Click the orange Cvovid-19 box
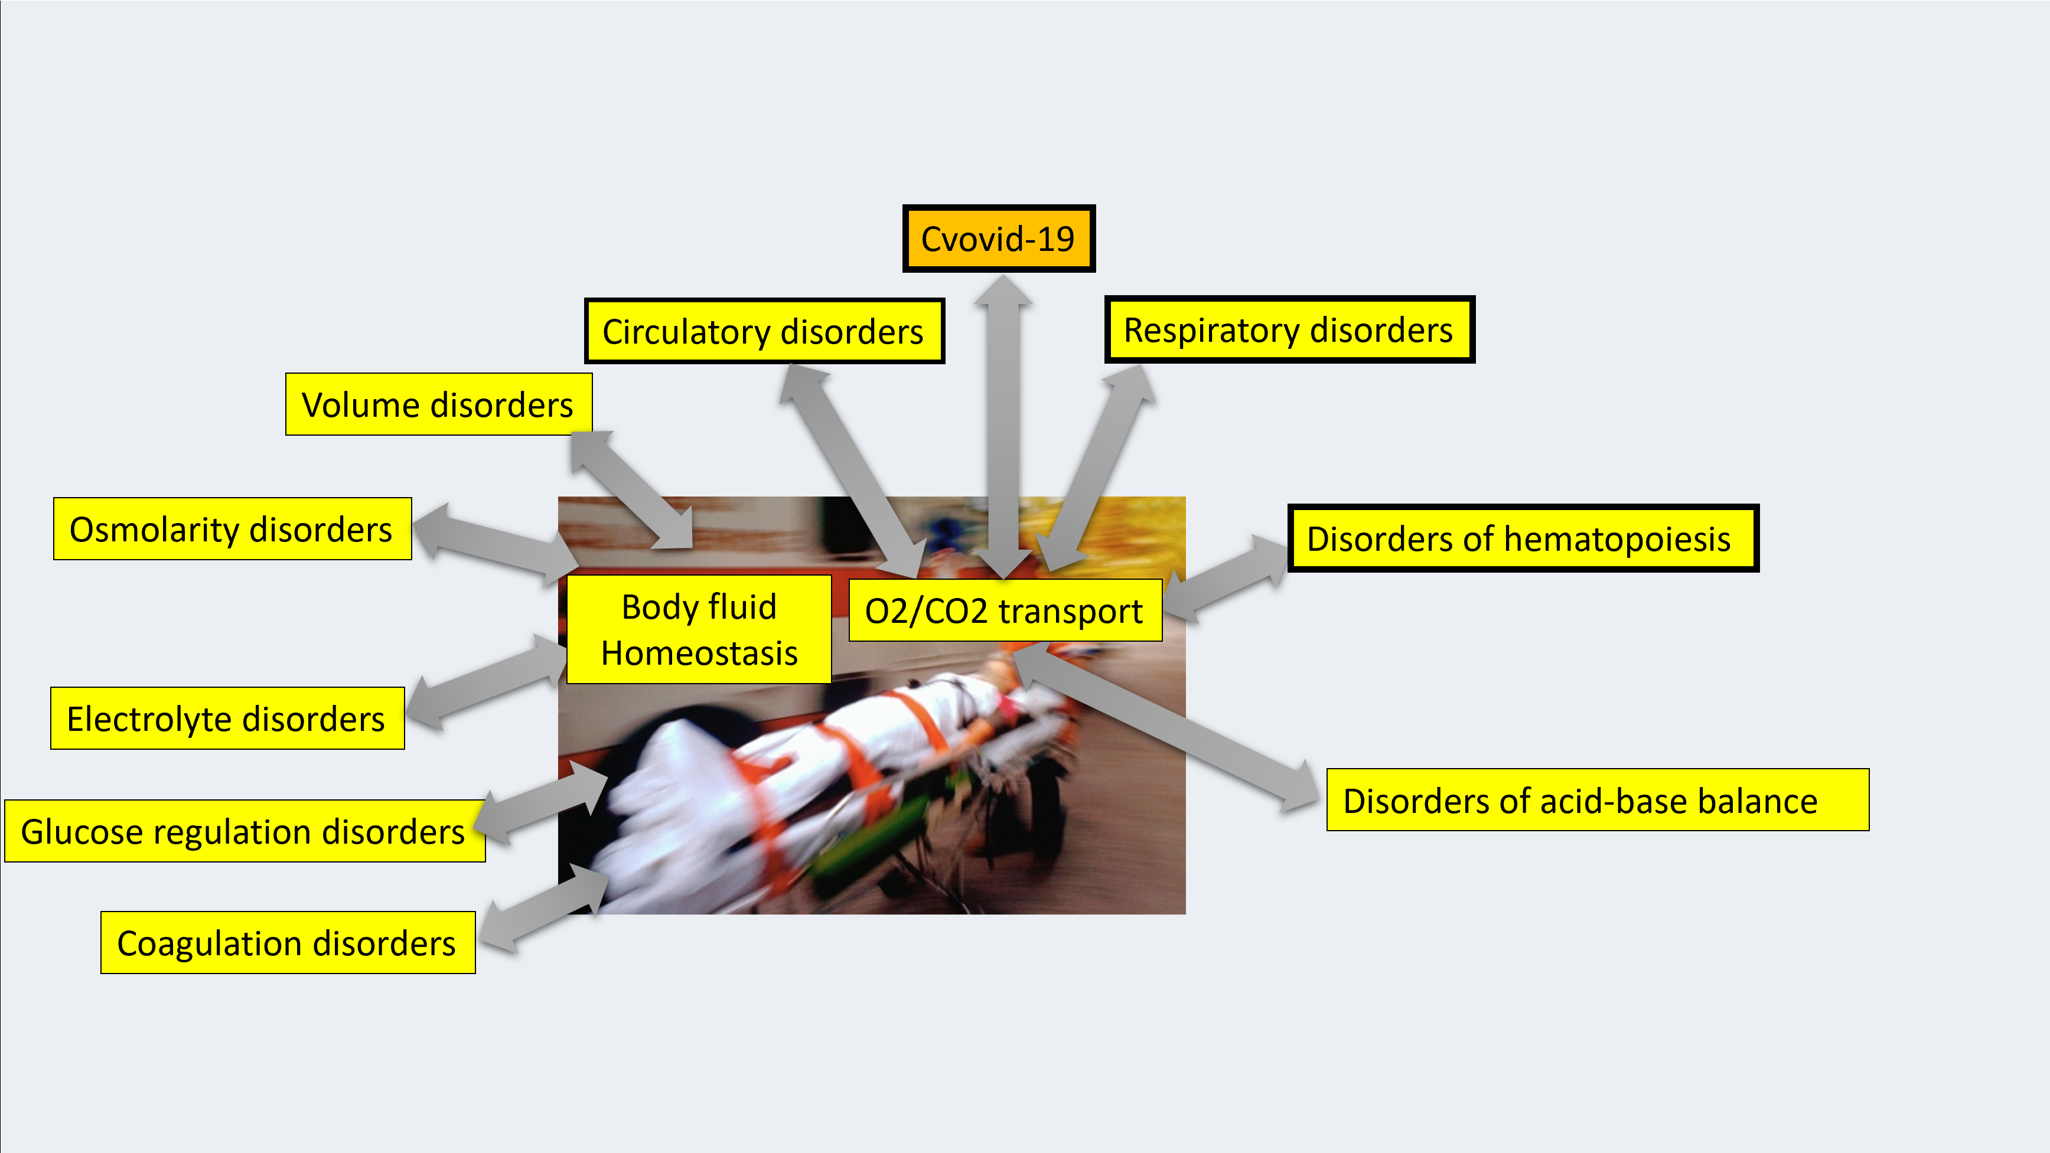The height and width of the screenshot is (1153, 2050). [998, 239]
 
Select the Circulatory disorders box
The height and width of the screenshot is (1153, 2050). [764, 331]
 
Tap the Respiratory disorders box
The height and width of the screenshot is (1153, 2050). [1289, 329]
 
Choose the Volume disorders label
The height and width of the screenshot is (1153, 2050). [438, 404]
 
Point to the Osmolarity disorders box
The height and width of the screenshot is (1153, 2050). [232, 529]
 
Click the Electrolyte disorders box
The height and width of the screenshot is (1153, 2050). [227, 718]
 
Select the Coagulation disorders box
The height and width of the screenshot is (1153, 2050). [287, 943]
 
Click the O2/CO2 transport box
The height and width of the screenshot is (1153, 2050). [1004, 610]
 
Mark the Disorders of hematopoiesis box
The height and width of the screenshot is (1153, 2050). [1521, 538]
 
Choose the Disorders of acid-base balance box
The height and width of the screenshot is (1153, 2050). [1596, 801]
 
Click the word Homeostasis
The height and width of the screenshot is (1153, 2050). [699, 654]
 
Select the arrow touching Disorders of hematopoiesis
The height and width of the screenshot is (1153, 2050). [1226, 575]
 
